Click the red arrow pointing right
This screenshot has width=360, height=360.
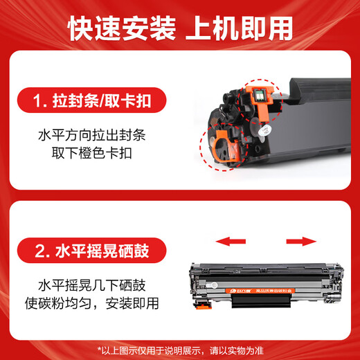[x=302, y=242]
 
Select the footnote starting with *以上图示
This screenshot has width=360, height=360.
[x=180, y=348]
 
